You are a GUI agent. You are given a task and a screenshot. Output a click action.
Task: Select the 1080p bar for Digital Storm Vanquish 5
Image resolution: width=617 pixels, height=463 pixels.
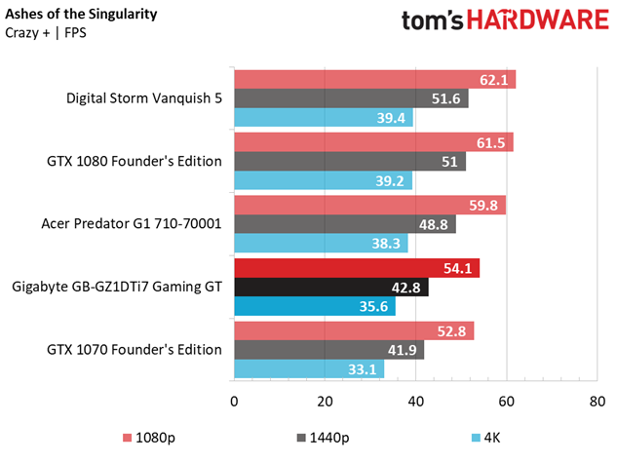click(374, 80)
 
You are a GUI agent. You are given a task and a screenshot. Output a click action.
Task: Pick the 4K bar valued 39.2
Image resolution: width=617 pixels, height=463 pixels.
click(323, 181)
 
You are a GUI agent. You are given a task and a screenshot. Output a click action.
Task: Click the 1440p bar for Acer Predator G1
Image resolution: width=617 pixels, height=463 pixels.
click(344, 224)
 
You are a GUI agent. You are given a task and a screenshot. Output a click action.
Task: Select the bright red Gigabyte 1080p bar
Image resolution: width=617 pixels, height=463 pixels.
click(356, 268)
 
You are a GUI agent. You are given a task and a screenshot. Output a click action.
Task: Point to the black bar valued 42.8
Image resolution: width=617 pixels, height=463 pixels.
click(330, 288)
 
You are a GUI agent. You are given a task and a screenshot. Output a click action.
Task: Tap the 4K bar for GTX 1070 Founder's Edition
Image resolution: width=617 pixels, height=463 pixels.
click(308, 369)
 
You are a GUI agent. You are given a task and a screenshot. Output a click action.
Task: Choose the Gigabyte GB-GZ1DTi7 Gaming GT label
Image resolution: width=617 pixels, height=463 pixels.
click(117, 288)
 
